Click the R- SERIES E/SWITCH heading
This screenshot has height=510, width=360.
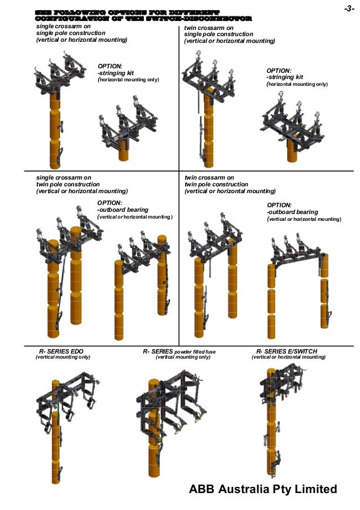pos(287,351)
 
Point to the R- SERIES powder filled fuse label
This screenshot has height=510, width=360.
pos(179,351)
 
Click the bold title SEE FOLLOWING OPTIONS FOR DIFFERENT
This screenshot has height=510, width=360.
pos(127,11)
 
